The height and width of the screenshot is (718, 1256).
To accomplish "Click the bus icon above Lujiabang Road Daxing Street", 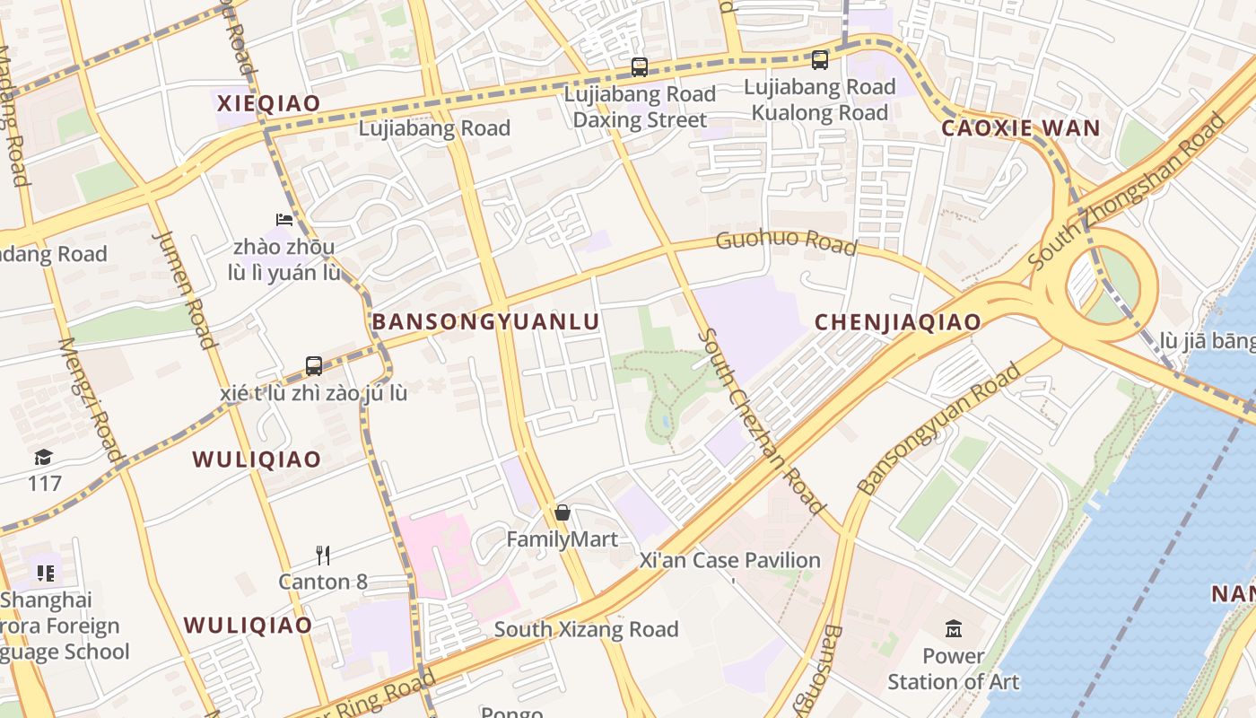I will click(x=639, y=66).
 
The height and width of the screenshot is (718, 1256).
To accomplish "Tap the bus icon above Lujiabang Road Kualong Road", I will click(x=819, y=60).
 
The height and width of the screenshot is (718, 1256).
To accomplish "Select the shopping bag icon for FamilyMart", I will click(x=562, y=512).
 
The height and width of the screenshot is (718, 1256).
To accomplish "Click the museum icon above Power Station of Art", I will click(x=953, y=628).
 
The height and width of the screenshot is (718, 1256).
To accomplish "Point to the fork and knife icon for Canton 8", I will click(x=323, y=555).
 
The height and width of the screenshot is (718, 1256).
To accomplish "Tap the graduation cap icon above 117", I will click(x=43, y=458).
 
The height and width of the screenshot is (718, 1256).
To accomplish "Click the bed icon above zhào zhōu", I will click(x=283, y=219).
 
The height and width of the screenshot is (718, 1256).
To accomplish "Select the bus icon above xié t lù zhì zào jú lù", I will click(x=313, y=366).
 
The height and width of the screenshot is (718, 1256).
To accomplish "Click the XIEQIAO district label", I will click(x=268, y=103).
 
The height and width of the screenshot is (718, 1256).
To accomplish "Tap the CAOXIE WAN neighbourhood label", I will click(x=1020, y=128).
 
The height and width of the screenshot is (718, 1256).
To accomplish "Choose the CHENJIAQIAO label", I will click(x=897, y=322).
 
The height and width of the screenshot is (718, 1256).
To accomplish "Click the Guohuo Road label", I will click(x=786, y=242).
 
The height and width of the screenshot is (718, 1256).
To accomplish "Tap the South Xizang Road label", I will click(x=586, y=629).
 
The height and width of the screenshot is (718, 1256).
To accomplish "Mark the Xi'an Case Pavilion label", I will click(x=728, y=561).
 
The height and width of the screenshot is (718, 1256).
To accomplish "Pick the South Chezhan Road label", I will click(x=760, y=421).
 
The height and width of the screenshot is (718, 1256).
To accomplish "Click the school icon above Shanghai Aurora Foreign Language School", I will click(x=45, y=573).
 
